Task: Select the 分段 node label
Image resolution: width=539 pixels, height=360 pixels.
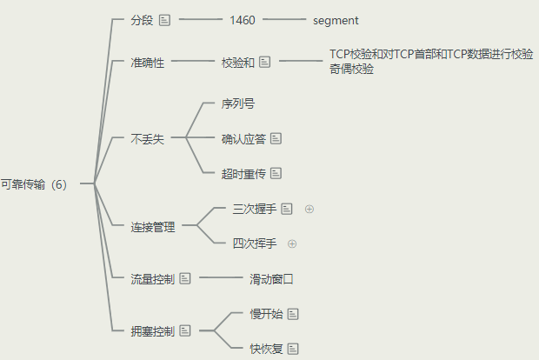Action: click(x=141, y=19)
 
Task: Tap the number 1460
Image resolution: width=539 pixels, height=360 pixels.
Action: click(x=243, y=19)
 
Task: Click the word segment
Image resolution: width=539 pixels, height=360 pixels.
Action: click(x=336, y=19)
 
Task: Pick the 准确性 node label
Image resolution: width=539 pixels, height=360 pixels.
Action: click(x=147, y=62)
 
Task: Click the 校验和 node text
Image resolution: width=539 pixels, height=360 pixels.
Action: click(x=237, y=62)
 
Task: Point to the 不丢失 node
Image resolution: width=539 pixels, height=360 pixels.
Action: click(x=147, y=138)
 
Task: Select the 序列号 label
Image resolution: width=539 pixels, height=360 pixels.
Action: click(x=238, y=103)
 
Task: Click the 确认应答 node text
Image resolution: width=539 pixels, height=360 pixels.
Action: click(x=244, y=138)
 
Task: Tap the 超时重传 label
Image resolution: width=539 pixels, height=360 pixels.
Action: click(x=244, y=173)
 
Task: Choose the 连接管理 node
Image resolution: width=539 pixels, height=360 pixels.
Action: click(x=153, y=227)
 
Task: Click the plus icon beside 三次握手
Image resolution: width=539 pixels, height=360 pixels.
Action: click(x=309, y=209)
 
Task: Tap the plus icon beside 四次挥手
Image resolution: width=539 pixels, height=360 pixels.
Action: click(x=292, y=243)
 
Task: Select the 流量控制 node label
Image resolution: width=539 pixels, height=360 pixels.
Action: click(x=152, y=279)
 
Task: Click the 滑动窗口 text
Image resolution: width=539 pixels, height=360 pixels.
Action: click(x=272, y=279)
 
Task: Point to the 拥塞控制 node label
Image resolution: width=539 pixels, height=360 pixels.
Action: click(x=152, y=331)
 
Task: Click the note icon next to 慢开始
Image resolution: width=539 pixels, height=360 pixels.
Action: click(x=293, y=313)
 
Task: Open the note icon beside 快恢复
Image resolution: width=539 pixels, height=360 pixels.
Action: click(x=293, y=349)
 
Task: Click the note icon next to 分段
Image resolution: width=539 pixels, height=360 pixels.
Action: click(x=164, y=19)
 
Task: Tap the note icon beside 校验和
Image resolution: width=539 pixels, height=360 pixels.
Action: click(x=265, y=62)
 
